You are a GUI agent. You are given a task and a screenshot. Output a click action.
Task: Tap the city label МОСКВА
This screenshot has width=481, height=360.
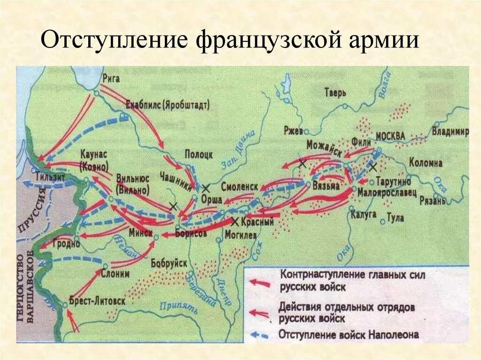[389, 136]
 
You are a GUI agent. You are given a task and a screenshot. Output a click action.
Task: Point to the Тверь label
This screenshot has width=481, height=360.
[335, 92]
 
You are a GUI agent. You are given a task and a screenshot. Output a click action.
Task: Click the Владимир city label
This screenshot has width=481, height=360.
[450, 132]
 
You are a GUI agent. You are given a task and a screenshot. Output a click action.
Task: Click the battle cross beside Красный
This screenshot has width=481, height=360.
[235, 221]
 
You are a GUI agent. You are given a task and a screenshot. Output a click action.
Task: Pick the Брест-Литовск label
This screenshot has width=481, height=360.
[97, 301]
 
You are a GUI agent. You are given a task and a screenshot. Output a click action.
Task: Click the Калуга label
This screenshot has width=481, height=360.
[364, 214]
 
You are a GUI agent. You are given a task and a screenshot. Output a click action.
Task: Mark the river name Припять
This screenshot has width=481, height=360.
[176, 307]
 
